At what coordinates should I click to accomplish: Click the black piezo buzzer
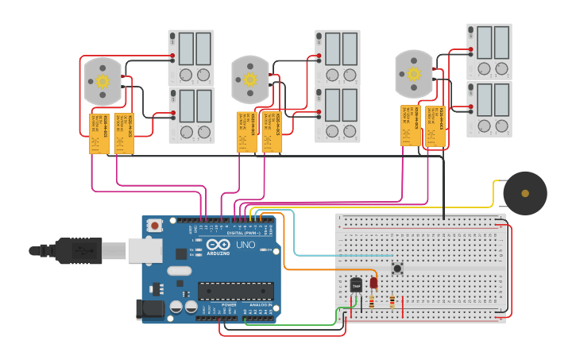tap(524, 193)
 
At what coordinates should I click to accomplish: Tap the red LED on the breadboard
tap(373, 282)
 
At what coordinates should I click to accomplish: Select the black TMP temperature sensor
tap(356, 285)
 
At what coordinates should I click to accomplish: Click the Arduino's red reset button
tap(154, 226)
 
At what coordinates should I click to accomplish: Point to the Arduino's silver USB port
tap(145, 250)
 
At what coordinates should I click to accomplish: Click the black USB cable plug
tap(79, 250)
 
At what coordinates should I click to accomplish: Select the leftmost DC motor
tap(102, 81)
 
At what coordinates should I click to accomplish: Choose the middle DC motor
tap(250, 79)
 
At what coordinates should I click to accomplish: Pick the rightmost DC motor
tap(414, 74)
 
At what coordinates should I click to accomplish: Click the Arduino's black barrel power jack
tap(149, 309)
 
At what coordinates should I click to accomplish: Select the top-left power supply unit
tap(191, 58)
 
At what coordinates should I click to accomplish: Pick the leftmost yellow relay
tap(99, 133)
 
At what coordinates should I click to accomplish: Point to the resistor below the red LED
tap(373, 301)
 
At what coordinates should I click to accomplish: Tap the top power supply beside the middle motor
tap(338, 58)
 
